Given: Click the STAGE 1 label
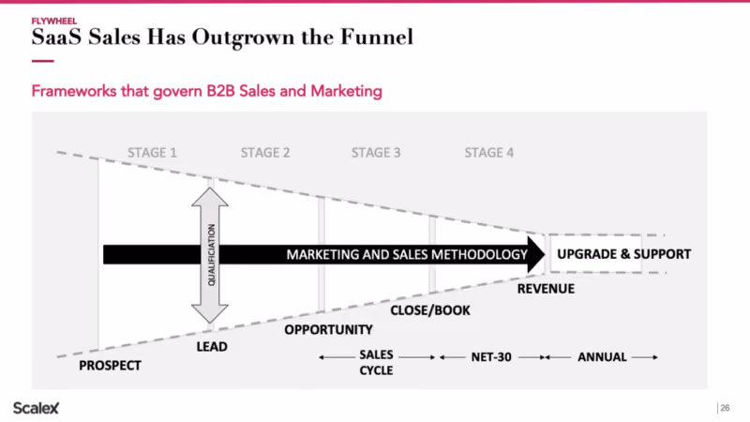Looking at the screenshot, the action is click(x=152, y=153).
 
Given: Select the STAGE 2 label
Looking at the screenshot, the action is click(x=265, y=153).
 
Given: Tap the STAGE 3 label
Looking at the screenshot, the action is click(x=376, y=153).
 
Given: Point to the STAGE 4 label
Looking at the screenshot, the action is click(x=488, y=153).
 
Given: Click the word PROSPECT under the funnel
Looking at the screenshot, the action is click(x=110, y=366).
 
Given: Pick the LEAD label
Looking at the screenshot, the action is click(x=212, y=346).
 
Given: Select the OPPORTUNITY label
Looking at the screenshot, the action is click(x=329, y=330).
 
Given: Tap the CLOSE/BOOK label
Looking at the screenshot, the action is click(x=430, y=310).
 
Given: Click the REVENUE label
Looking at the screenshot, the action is click(x=546, y=289).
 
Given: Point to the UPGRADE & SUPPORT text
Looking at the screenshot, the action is click(x=624, y=254).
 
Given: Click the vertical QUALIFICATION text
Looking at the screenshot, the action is click(x=212, y=255).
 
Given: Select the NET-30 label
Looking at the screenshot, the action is click(x=491, y=357).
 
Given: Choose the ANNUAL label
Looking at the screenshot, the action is click(x=602, y=357).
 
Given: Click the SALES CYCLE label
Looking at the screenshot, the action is click(x=377, y=362).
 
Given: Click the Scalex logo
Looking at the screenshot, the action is click(x=36, y=408).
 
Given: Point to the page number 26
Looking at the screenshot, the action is click(x=725, y=408).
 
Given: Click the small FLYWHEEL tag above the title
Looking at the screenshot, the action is click(x=54, y=21).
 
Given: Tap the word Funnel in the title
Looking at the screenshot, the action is click(x=377, y=38).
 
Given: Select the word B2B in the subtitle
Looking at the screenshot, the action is click(x=220, y=91).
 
